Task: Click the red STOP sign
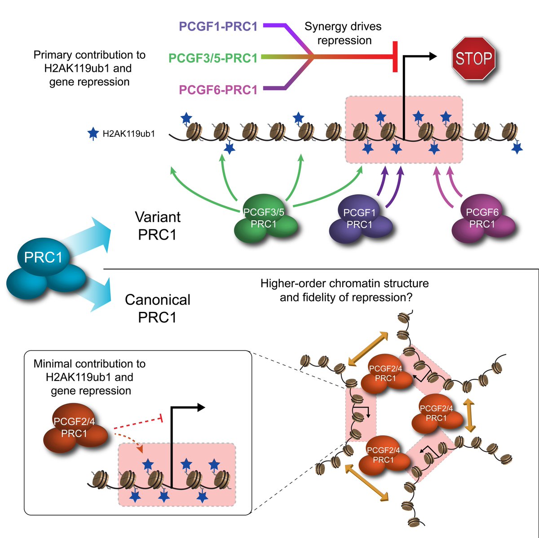[473, 58]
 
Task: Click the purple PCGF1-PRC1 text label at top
[218, 26]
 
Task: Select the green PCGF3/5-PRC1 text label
[213, 58]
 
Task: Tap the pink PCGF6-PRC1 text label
[218, 90]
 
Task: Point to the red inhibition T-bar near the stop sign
[395, 57]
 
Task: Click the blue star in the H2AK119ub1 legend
[93, 134]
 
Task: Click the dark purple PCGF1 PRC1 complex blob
[361, 219]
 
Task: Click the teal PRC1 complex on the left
[46, 268]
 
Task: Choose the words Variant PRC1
[158, 226]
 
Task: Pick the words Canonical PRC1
[158, 308]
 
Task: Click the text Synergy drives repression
[343, 33]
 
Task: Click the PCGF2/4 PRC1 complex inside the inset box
[75, 428]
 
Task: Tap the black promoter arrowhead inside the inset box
[201, 408]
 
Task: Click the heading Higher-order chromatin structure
[345, 283]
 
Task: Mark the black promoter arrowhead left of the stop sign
[433, 57]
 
